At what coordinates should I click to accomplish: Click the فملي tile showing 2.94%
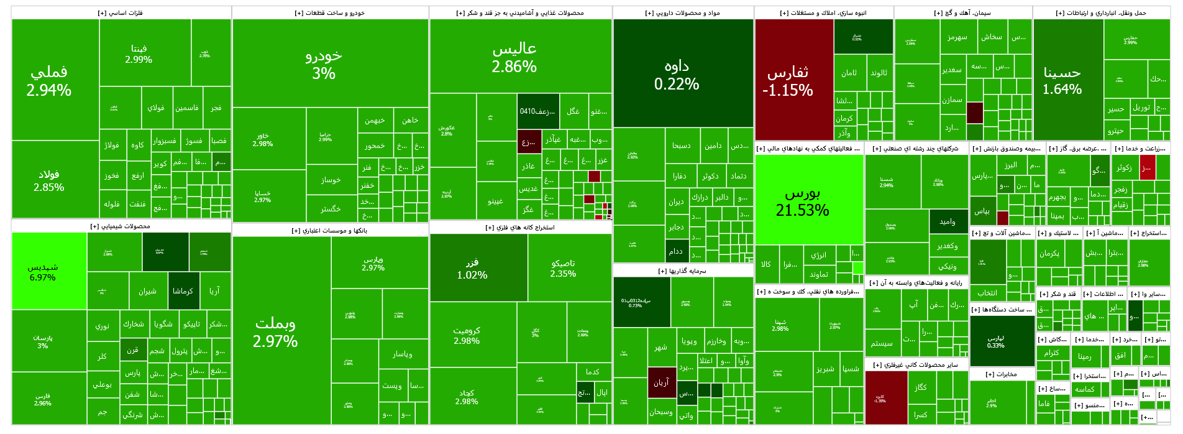coord(49,81)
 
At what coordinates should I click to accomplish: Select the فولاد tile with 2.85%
coord(49,180)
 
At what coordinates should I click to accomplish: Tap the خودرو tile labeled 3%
coord(324,64)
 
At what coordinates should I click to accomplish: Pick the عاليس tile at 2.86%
coord(514,57)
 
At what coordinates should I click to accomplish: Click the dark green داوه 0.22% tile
coord(677,75)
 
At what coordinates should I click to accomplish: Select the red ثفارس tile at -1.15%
coord(787,81)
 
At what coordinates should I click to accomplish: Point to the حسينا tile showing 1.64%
coord(1062,81)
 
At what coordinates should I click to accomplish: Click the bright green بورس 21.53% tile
coord(802,201)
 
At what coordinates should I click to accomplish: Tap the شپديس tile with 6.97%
coord(43,272)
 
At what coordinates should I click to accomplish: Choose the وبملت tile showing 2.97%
coord(275,331)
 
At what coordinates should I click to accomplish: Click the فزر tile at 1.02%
coord(472,269)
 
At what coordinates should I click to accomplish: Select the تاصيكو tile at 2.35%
coord(563,268)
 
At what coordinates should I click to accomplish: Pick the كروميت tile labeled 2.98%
coord(467,336)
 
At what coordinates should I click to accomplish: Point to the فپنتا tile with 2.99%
coord(139,54)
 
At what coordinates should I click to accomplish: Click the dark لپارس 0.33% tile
coord(995,341)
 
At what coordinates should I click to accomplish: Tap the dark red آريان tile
coord(661,382)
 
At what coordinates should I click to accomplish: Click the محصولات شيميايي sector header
coord(121,226)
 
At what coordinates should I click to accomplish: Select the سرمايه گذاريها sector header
coord(682,271)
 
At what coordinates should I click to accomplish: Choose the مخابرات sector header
coord(1002,374)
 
